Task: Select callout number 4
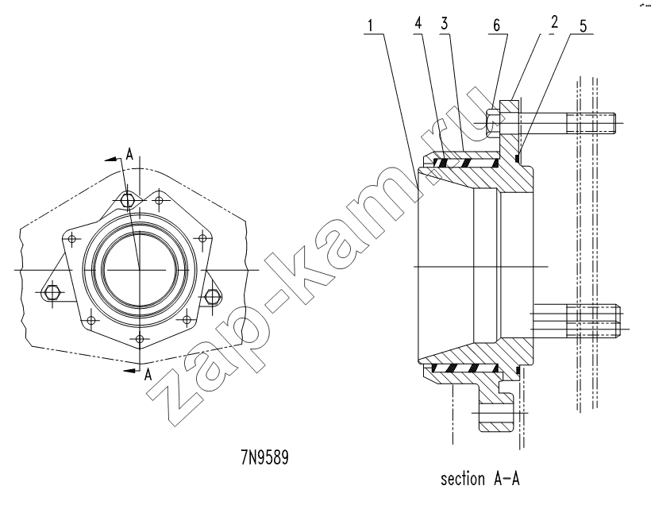coord(418,23)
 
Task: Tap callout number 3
coord(445,23)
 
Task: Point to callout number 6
coord(496,25)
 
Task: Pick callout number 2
coord(555,21)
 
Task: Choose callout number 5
coord(584,25)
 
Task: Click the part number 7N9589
coord(264,458)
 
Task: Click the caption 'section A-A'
coord(480,479)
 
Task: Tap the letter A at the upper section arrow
coord(129,155)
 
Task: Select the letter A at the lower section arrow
coord(148,376)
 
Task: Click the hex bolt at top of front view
coord(128,200)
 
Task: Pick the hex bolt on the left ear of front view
coord(52,292)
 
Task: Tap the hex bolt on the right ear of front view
coord(212,296)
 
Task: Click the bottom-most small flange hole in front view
coord(140,339)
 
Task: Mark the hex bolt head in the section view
coord(492,123)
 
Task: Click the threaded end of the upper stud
coord(591,122)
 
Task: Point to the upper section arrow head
coord(110,159)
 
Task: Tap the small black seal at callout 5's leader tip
coord(517,158)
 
